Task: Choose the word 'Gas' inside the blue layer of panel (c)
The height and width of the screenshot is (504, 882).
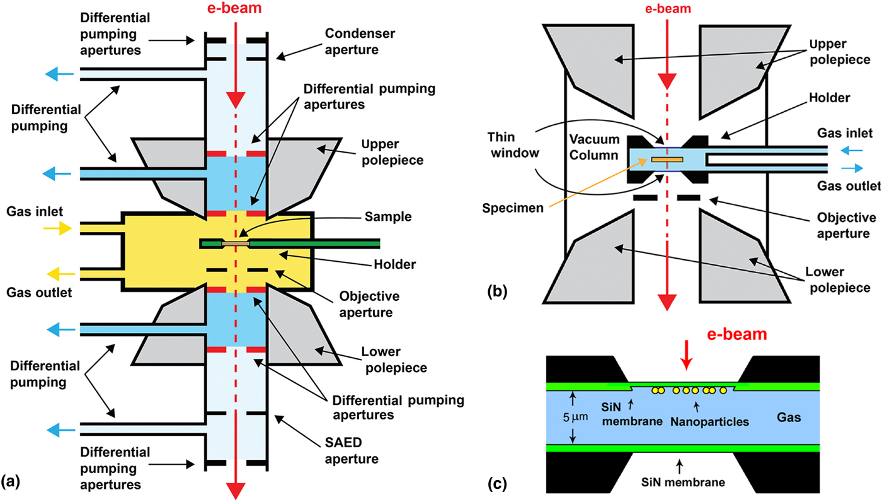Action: click(816, 417)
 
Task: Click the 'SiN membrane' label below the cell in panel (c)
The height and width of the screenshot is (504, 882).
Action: click(679, 483)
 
